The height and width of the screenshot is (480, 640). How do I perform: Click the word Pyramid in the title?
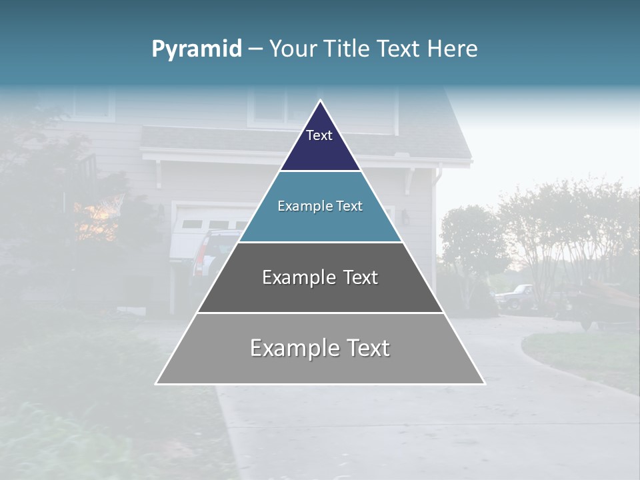point(196,49)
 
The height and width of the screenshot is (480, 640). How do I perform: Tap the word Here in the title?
point(453,49)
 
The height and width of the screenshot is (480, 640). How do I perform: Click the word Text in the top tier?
point(319,136)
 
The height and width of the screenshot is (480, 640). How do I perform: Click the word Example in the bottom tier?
point(291,348)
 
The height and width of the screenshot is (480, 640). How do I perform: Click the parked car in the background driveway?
point(513,296)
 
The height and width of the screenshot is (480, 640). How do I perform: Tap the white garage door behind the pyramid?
point(200,227)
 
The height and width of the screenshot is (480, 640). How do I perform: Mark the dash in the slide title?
point(255,49)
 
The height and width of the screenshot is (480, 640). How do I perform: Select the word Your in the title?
point(291,49)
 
